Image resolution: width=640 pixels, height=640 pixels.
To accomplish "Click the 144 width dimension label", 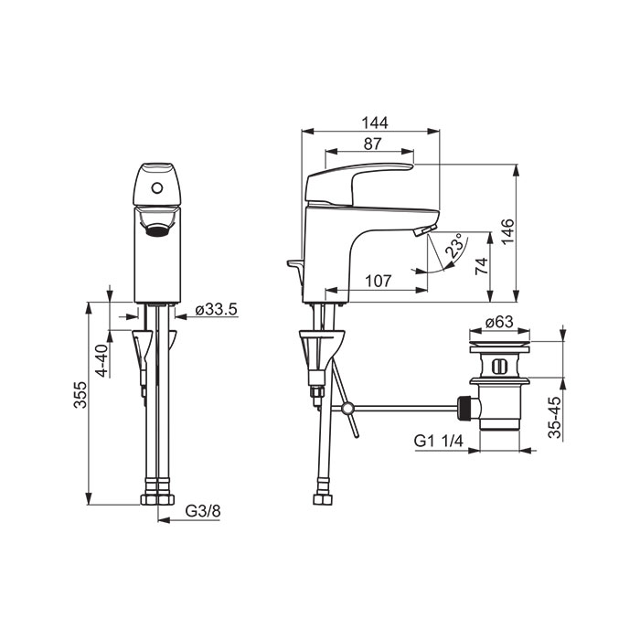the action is (x=375, y=123).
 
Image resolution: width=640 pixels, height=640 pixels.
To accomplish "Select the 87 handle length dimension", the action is (x=372, y=144).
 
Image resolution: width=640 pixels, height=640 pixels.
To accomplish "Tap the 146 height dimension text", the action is (x=507, y=232).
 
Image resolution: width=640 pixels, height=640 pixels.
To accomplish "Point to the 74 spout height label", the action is (x=482, y=266).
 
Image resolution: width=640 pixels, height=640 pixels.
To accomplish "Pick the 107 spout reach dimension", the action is (x=378, y=281).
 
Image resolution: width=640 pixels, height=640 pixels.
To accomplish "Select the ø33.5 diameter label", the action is (x=216, y=309).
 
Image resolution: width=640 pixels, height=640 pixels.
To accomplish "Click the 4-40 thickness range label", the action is (x=102, y=360).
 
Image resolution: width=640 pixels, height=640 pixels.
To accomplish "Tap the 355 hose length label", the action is (x=80, y=395).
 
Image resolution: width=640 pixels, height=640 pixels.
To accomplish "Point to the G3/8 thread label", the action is (x=203, y=510).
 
